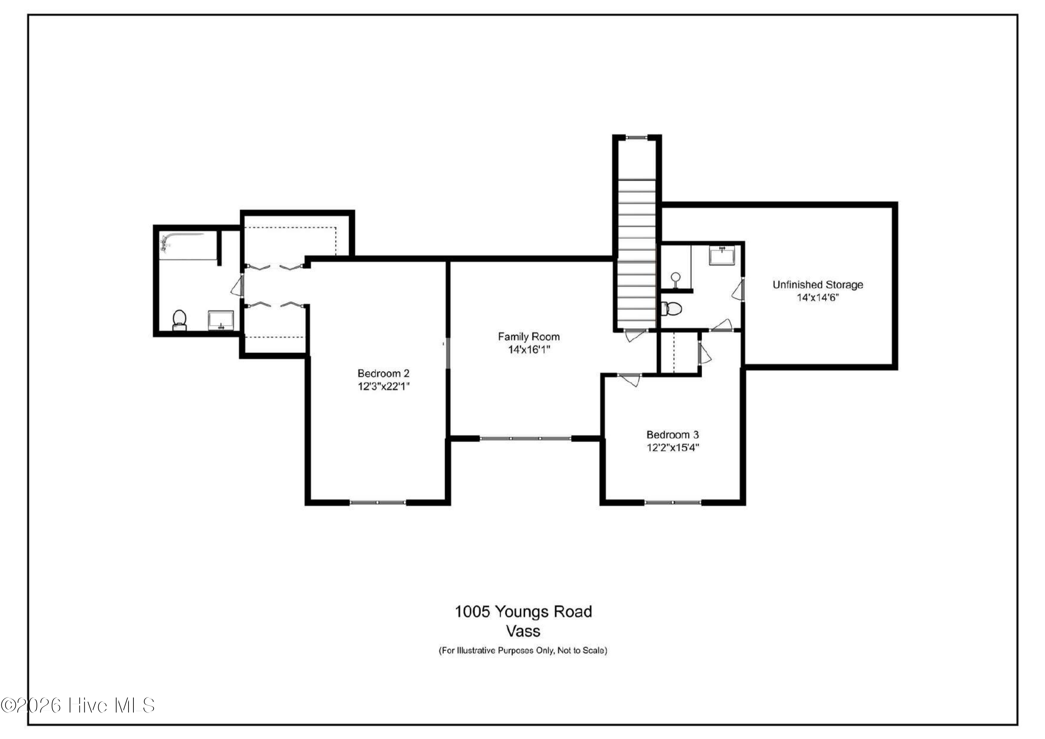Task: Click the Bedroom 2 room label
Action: tap(383, 373)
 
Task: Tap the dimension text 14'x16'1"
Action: tap(529, 350)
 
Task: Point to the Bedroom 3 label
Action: tap(672, 434)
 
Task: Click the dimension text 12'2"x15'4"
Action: tap(673, 448)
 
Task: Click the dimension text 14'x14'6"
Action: tap(818, 298)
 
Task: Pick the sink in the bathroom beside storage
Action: tap(722, 256)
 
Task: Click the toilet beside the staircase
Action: tap(671, 309)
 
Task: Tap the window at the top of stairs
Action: tap(636, 137)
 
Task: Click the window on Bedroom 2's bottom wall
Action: tap(378, 502)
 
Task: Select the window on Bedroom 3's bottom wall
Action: tap(673, 502)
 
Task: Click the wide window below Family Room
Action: tap(525, 439)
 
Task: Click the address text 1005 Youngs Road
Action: tap(524, 611)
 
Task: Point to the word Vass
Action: tap(524, 631)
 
